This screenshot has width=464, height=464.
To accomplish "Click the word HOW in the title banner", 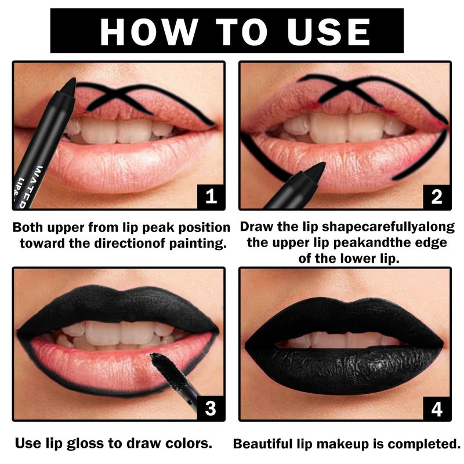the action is tap(149, 32).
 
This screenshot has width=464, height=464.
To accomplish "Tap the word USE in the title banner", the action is tap(328, 32).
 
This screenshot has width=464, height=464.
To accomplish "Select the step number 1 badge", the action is tap(211, 196).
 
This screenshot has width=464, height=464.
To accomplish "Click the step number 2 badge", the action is tap(437, 196).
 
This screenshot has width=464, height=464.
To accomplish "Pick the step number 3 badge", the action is tap(211, 408).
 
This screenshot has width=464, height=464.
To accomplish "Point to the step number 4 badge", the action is tap(437, 409).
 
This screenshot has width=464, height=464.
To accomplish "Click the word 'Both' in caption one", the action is tap(28, 227).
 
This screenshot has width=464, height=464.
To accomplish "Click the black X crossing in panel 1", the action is tap(118, 94).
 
